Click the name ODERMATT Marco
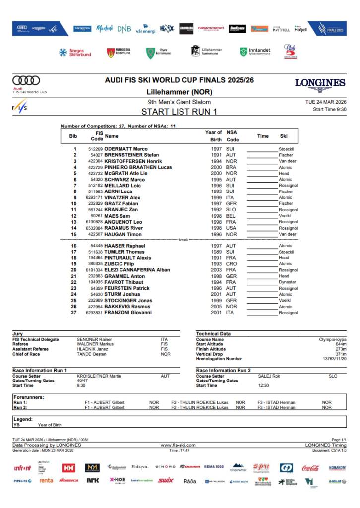click(x=126, y=149)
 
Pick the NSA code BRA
click(x=230, y=167)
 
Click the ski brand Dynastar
click(x=287, y=282)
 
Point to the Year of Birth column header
click(x=213, y=136)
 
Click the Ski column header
click(x=284, y=136)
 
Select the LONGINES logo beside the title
click(x=320, y=84)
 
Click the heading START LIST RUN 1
click(x=179, y=112)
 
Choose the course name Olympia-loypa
click(x=332, y=339)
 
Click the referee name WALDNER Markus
click(x=95, y=344)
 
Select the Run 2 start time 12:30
click(x=263, y=385)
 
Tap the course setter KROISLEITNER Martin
click(x=99, y=376)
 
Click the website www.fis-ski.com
click(x=178, y=445)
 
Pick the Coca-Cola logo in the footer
click(x=310, y=468)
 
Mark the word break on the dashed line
click(x=184, y=240)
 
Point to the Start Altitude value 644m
click(x=340, y=344)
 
